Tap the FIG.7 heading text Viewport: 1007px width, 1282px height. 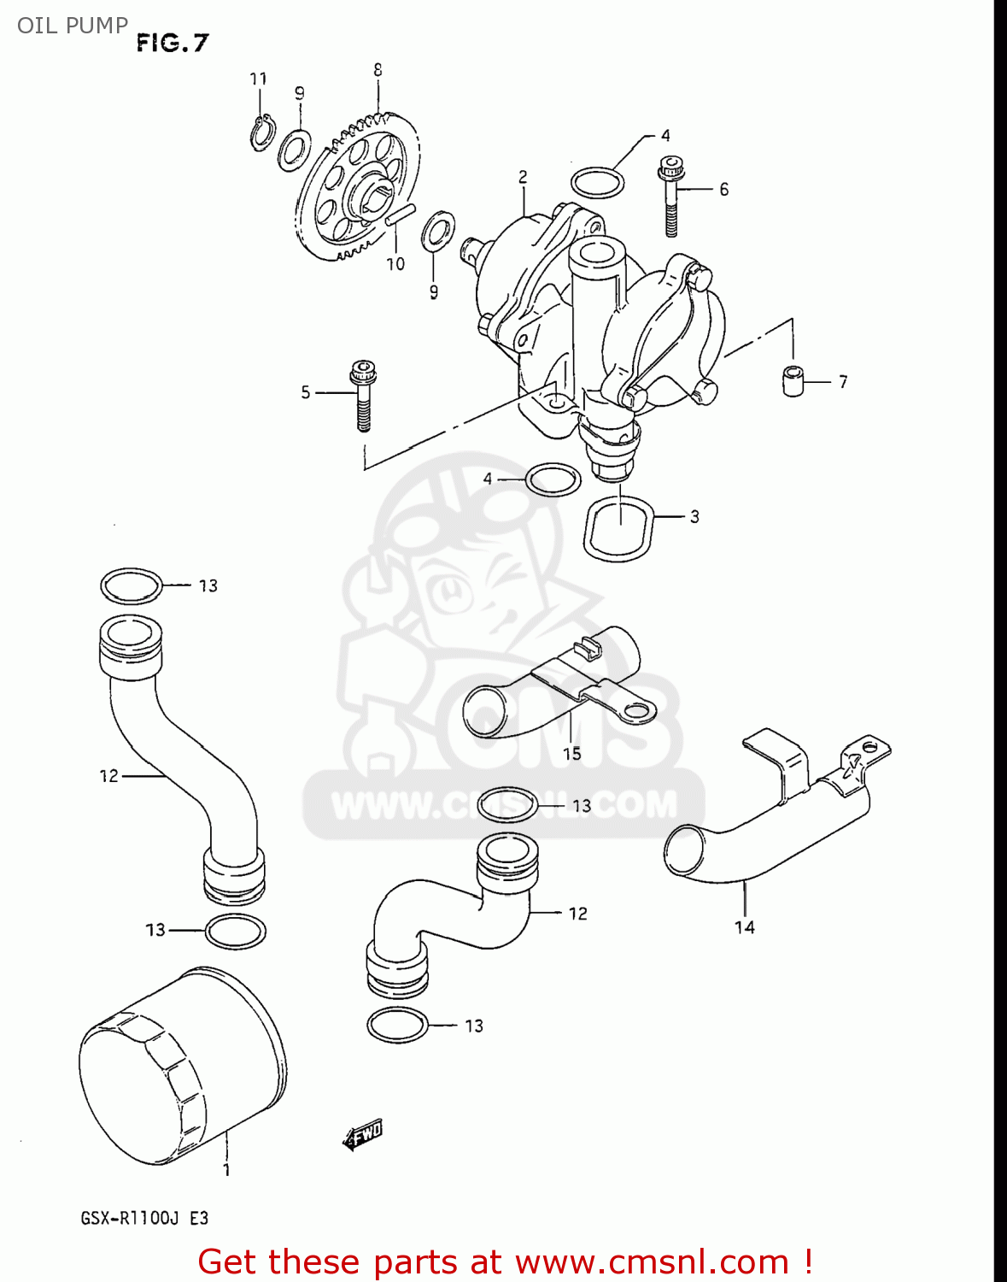click(173, 43)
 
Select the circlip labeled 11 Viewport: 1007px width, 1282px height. click(262, 132)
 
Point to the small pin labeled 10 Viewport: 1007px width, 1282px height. click(399, 215)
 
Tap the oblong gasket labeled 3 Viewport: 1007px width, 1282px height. click(619, 528)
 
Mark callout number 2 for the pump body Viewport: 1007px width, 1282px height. click(523, 177)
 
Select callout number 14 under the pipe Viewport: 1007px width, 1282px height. click(744, 926)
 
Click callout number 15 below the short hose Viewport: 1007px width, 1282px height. click(571, 753)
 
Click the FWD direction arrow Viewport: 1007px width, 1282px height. click(362, 1136)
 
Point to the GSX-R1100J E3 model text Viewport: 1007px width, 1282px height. click(144, 1218)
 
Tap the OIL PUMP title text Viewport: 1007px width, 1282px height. click(73, 26)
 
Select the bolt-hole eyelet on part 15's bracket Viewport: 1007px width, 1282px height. click(635, 709)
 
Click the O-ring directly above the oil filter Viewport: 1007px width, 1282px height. click(235, 931)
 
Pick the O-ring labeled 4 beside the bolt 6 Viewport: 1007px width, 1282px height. click(597, 181)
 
